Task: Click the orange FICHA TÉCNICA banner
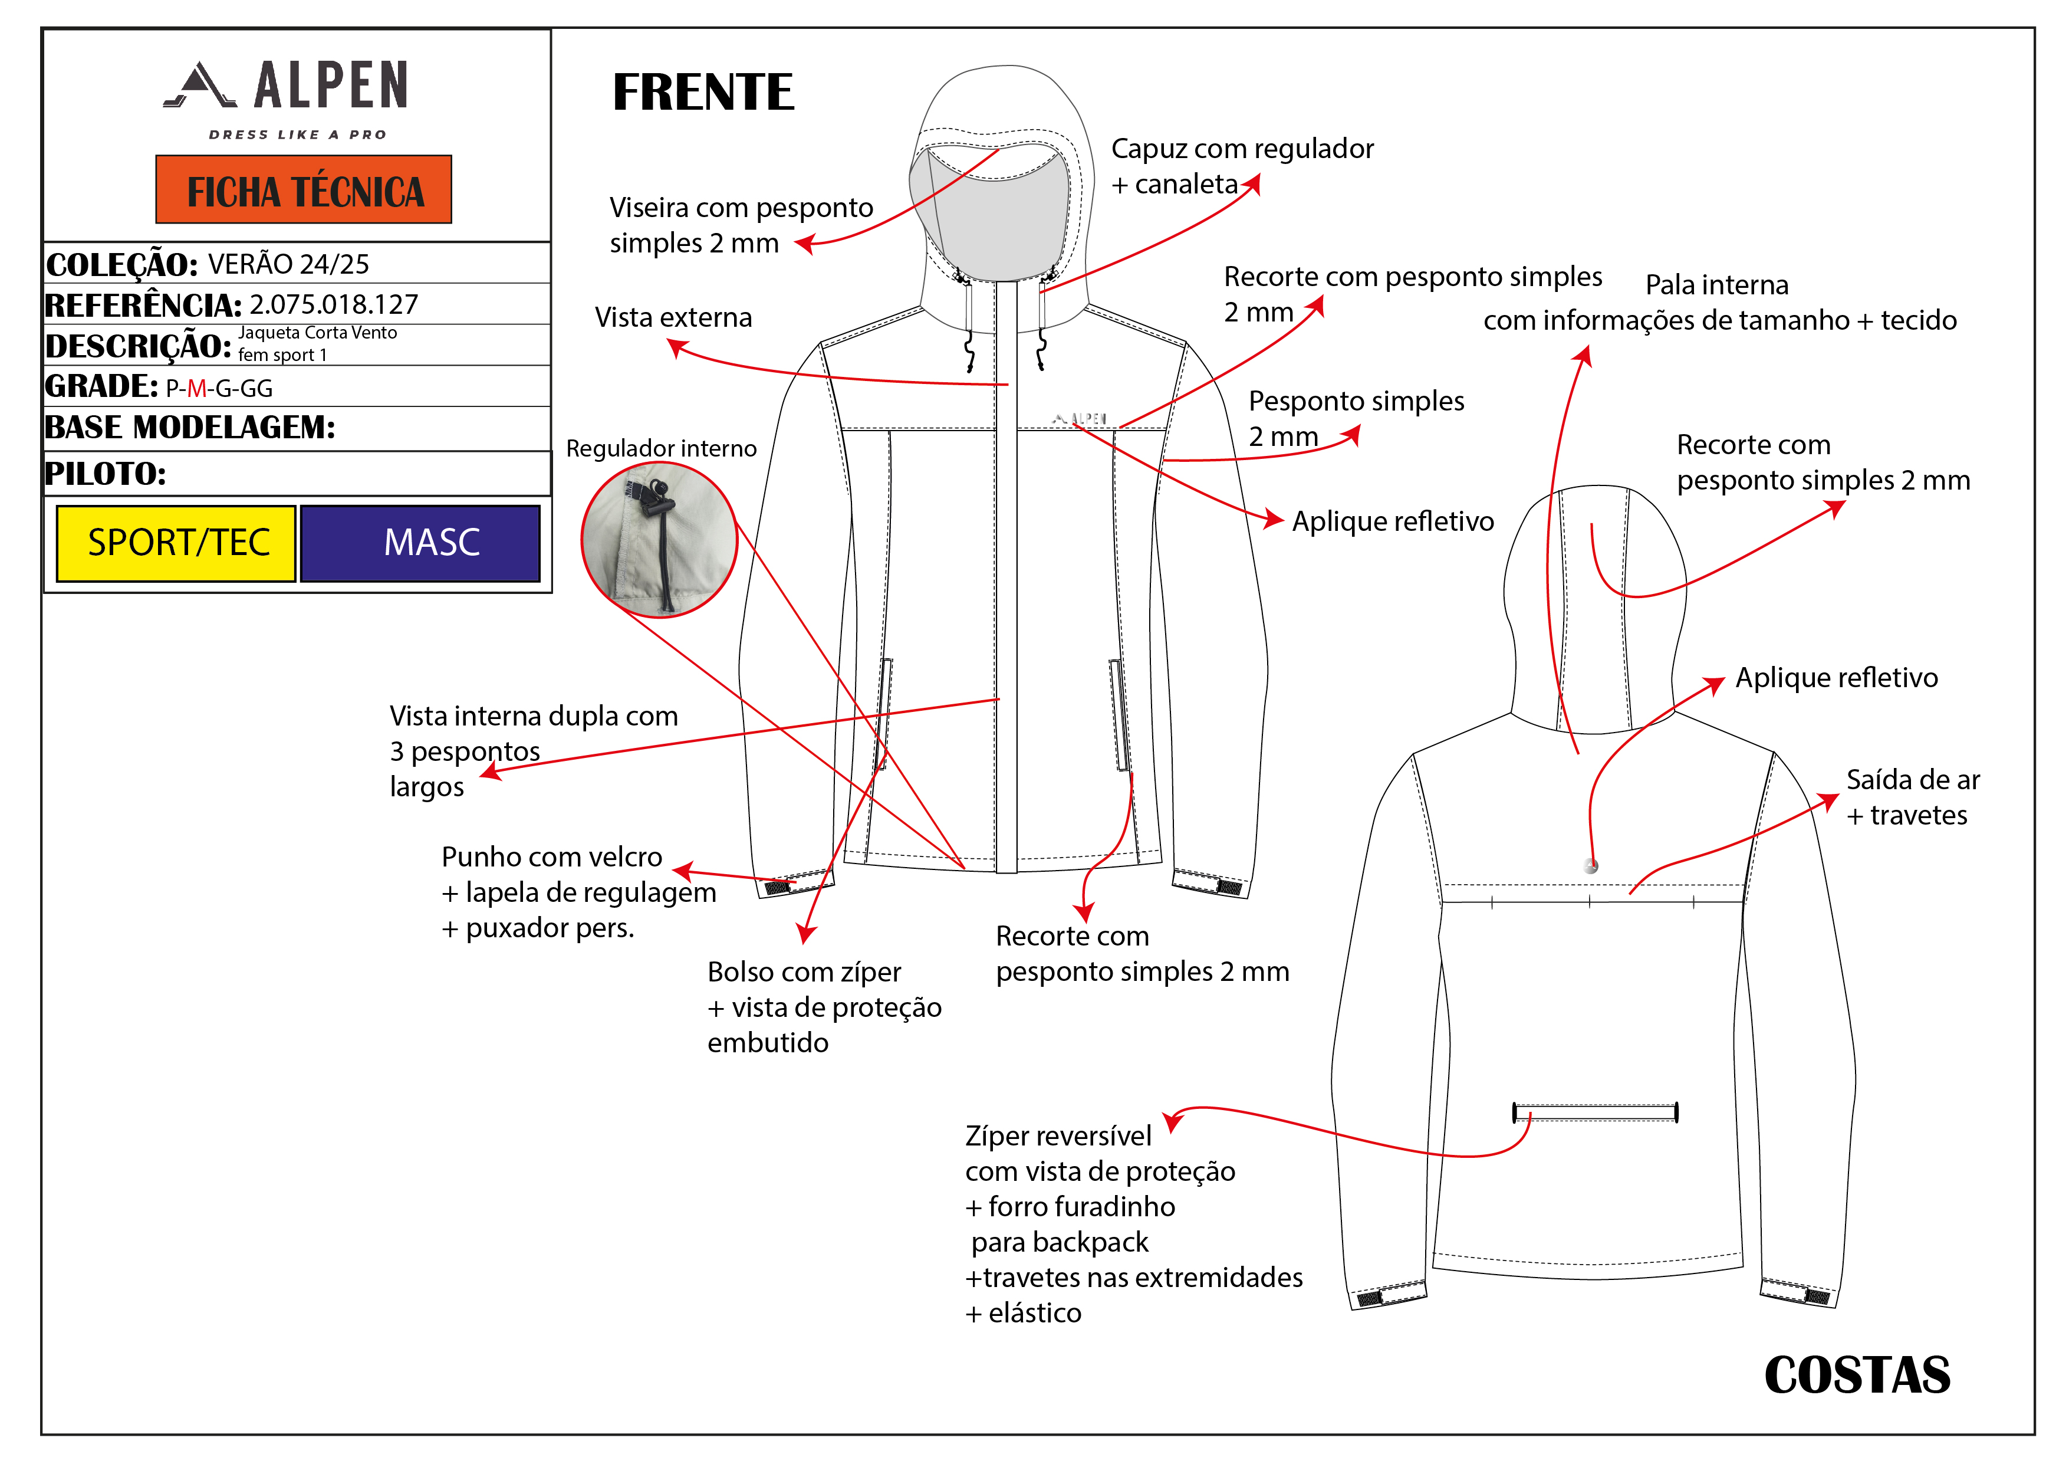304,190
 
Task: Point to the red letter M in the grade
196,389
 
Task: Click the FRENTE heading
703,93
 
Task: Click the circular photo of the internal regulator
660,540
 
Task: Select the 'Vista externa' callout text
673,317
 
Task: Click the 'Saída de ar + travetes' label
1912,797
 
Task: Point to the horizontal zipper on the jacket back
1594,1112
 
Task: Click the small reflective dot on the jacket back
1591,866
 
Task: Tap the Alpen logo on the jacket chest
1080,419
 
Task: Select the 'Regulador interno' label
662,448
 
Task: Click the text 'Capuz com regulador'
1242,149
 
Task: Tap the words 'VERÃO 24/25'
288,264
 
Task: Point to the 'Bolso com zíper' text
804,972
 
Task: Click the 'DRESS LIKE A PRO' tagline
297,135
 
